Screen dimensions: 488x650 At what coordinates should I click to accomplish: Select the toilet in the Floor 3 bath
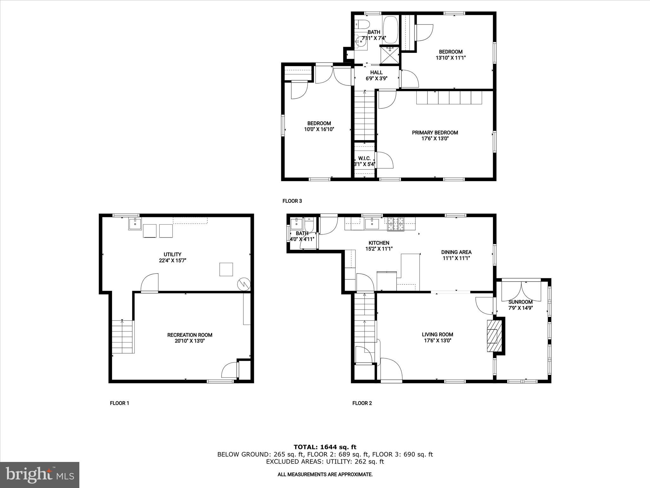[x=363, y=24]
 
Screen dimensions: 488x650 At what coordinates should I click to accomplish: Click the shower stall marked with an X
[x=390, y=55]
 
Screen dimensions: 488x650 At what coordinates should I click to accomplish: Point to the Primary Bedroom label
[x=435, y=132]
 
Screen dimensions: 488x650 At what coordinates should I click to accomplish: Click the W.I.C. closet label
[x=364, y=158]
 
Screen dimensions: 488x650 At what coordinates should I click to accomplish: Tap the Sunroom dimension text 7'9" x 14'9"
[x=520, y=308]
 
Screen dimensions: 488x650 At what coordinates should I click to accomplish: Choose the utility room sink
[x=135, y=224]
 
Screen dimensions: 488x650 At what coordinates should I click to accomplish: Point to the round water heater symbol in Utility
[x=244, y=284]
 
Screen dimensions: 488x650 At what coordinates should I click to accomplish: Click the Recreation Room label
[x=190, y=335]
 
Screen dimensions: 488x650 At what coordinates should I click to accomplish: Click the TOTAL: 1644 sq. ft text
[x=325, y=447]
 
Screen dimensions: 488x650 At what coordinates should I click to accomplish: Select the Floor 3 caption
[x=292, y=201]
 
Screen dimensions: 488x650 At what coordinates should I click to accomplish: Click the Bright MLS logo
[x=40, y=475]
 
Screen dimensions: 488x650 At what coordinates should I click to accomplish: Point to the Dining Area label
[x=456, y=252]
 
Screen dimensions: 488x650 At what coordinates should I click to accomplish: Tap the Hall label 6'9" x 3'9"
[x=376, y=75]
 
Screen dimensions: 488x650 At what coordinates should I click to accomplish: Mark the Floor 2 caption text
[x=362, y=403]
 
